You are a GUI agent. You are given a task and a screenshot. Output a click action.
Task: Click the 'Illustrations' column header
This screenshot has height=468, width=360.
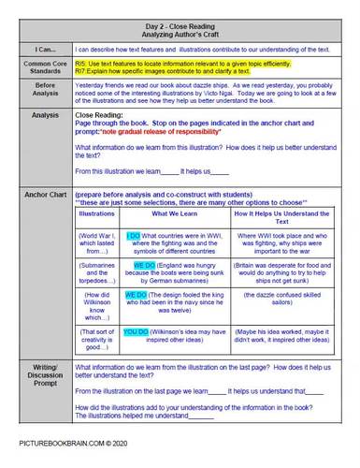click(x=96, y=214)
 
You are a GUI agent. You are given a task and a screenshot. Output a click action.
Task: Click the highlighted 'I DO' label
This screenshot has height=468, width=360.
click(x=132, y=234)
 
